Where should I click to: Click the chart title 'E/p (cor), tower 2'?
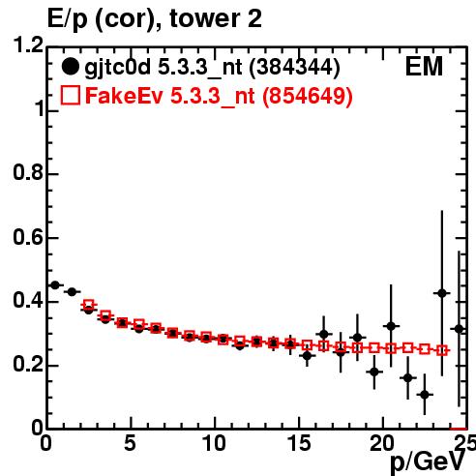coord(155,18)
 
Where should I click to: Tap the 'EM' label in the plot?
coord(424,67)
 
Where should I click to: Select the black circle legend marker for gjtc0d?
coord(70,67)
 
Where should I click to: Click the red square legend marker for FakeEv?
coord(71,95)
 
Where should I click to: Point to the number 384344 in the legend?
coord(294,67)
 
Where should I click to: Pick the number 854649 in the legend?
coord(307,96)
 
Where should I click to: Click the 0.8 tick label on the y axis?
coord(28,172)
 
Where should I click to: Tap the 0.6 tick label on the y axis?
coord(28,237)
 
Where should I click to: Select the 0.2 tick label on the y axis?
coord(28,365)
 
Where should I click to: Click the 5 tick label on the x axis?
coord(130,443)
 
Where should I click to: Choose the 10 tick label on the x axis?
coord(214,443)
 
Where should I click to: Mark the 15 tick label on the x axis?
coord(299,443)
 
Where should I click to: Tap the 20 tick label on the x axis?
coord(382,443)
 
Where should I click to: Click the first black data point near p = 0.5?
coord(55,285)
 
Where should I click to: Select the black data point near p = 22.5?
coord(425,395)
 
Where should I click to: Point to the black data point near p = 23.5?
coord(442,293)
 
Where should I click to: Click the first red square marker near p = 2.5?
coord(89,305)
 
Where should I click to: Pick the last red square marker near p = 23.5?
coord(442,350)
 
